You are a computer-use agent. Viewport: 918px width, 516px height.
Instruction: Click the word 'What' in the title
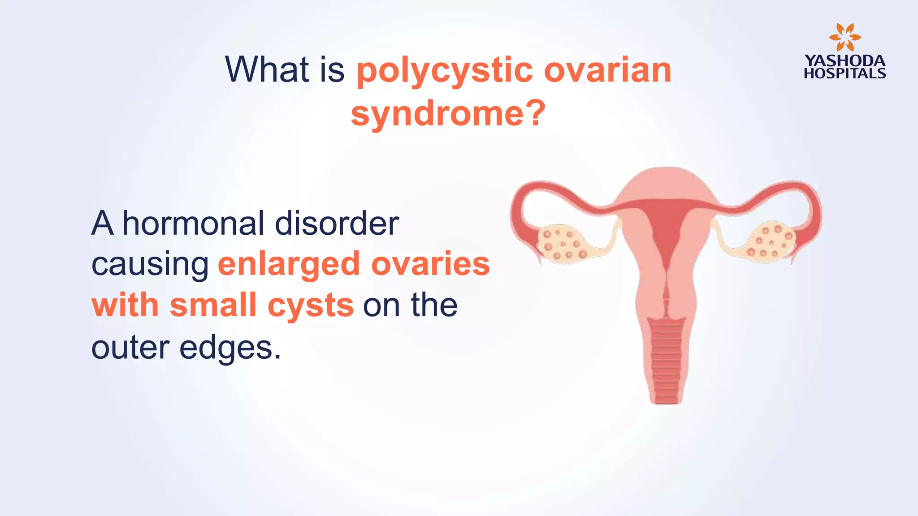click(x=267, y=69)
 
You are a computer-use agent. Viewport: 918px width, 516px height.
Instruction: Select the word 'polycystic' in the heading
click(x=444, y=71)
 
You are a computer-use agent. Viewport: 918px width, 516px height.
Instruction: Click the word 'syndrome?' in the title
click(x=448, y=113)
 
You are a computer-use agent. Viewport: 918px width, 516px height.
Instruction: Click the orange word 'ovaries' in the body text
click(x=430, y=264)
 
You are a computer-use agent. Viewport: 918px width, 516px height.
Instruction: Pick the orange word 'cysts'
click(x=311, y=305)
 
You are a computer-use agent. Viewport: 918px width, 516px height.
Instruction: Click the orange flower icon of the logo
click(x=844, y=37)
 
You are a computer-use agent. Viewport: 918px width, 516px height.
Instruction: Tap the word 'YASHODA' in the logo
click(x=844, y=61)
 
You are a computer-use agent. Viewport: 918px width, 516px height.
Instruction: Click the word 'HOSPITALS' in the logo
click(x=844, y=73)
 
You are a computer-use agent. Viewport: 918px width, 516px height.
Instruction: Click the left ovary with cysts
click(x=562, y=243)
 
